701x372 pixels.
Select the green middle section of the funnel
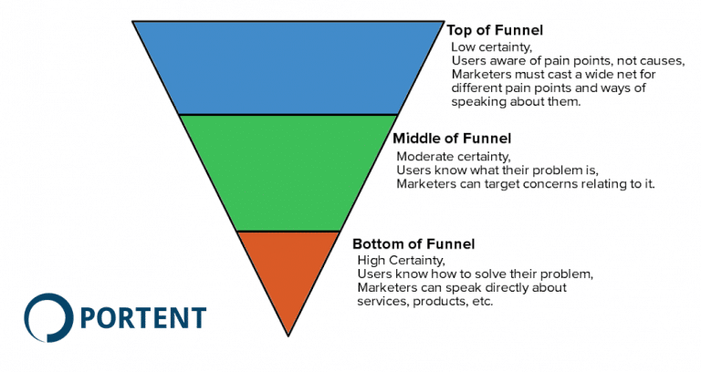click(x=288, y=171)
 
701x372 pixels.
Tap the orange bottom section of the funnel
click(x=288, y=274)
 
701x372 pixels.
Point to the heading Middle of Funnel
click(x=451, y=139)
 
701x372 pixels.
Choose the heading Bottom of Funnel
click(x=413, y=243)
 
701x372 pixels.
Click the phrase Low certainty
click(x=485, y=46)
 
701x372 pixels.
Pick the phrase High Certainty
click(x=394, y=260)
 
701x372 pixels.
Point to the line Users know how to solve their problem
click(x=475, y=274)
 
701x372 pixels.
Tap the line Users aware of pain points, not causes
click(x=567, y=60)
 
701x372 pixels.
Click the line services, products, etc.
click(x=424, y=302)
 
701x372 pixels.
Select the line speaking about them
click(x=516, y=101)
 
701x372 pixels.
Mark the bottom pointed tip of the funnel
click(x=288, y=334)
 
